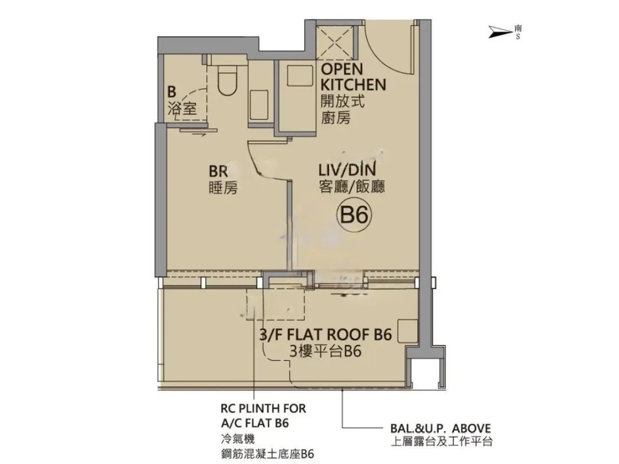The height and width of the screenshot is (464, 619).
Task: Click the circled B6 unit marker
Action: (354, 215)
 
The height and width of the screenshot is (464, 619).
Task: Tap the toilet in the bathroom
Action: (228, 80)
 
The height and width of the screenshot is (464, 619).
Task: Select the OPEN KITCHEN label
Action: (353, 77)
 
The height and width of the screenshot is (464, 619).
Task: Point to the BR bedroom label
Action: (218, 171)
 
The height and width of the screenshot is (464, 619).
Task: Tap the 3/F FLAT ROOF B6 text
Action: (326, 335)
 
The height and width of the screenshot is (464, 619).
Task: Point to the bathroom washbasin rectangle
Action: (260, 105)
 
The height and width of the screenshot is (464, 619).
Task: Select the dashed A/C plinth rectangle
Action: (275, 304)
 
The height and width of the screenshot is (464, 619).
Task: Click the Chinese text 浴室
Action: (182, 108)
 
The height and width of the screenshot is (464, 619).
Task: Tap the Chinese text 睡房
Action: (223, 188)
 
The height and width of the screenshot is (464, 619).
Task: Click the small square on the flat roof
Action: (408, 331)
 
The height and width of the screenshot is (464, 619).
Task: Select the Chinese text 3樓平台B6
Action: (326, 351)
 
